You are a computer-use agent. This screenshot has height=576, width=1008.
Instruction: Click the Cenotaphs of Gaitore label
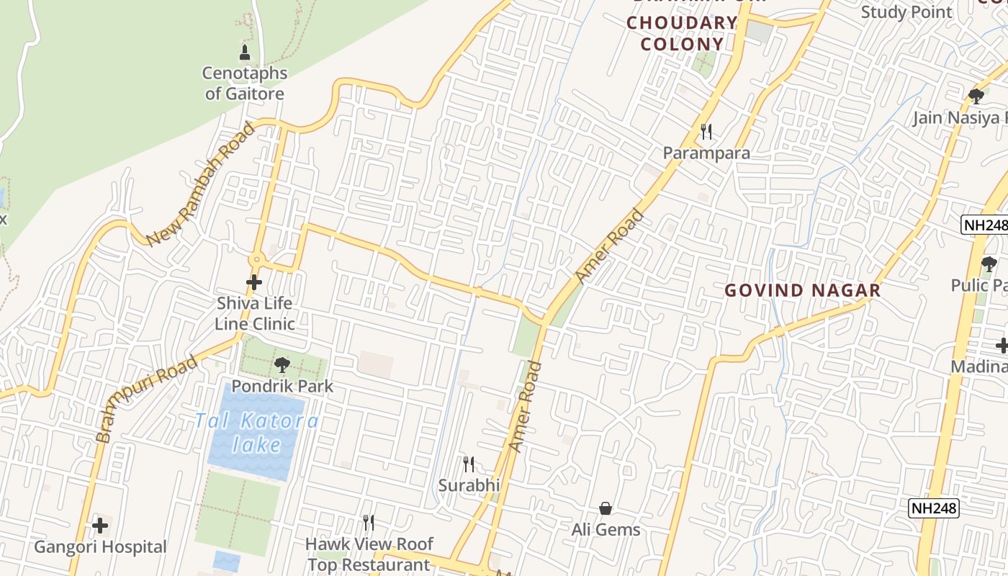pos(245,83)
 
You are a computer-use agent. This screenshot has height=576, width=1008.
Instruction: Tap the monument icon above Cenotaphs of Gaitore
pos(245,53)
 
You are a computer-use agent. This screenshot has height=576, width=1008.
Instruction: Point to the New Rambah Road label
pos(200,184)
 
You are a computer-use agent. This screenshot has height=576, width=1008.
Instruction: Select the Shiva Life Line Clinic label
pos(255,313)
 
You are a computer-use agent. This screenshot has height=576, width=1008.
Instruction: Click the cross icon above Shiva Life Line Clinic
pos(254,283)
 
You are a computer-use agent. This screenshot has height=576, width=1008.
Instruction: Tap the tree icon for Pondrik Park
pos(282,365)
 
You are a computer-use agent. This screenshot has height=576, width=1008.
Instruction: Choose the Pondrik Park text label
pos(282,386)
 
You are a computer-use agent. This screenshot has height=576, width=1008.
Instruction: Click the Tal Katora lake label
pos(257,432)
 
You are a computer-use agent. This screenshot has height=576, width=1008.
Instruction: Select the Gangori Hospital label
pos(100,547)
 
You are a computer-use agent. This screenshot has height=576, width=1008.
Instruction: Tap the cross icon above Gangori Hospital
pos(100,526)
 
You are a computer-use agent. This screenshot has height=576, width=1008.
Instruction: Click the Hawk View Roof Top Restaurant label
pos(369,554)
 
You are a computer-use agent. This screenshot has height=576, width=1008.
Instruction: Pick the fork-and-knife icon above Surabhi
pos(469,464)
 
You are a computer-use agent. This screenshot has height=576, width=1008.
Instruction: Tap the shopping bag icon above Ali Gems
pos(606,509)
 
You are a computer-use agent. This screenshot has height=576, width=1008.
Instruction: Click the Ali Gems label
pos(606,530)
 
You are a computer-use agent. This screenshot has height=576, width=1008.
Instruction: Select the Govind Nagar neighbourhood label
pos(802,290)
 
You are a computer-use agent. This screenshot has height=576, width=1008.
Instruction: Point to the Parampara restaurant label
pos(706,153)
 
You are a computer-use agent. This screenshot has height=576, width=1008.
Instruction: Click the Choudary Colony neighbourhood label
pos(681,33)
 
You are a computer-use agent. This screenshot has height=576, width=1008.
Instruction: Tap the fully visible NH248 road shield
pos(934,508)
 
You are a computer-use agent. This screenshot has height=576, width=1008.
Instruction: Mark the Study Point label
pos(906,12)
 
